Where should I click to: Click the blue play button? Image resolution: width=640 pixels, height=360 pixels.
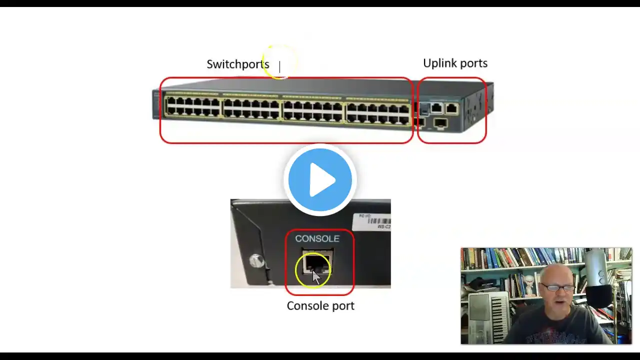[320, 179]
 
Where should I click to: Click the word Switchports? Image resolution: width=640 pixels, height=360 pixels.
[237, 64]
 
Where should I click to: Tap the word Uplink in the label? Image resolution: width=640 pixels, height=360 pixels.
[436, 63]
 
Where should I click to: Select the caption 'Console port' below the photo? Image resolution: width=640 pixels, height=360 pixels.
[320, 305]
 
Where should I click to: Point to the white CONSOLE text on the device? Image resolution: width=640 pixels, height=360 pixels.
[317, 238]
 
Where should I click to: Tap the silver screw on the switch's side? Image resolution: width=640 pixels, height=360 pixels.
[256, 260]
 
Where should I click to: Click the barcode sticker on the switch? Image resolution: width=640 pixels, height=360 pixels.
[372, 220]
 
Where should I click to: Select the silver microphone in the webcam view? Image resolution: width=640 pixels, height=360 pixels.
[596, 269]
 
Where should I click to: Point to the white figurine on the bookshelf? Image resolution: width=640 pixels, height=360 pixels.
[529, 285]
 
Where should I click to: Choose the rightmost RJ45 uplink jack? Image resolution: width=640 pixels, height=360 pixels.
[451, 108]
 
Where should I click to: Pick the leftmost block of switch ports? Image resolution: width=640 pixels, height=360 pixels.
[193, 107]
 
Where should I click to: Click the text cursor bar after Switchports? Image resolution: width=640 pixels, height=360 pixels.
[279, 66]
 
